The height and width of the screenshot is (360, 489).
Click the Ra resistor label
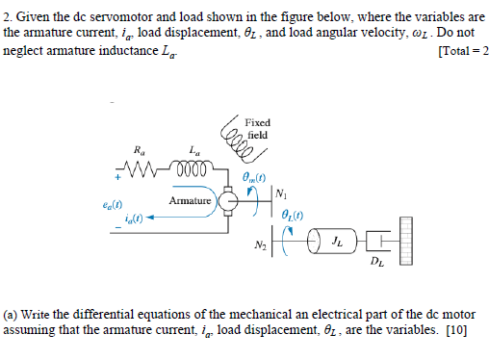click(x=142, y=150)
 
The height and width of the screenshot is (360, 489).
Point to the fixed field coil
click(x=231, y=129)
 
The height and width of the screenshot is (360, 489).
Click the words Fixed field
click(x=258, y=128)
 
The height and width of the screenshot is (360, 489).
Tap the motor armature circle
click(x=229, y=201)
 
